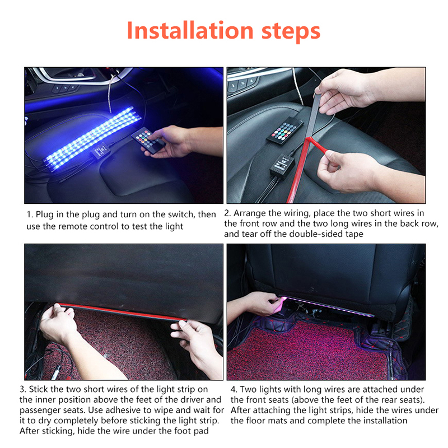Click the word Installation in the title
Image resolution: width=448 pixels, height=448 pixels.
click(x=190, y=30)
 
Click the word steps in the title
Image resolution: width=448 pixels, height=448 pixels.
click(x=291, y=32)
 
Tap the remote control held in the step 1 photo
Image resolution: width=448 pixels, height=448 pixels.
click(x=148, y=140)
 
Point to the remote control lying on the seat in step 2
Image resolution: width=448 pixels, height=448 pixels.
click(x=285, y=130)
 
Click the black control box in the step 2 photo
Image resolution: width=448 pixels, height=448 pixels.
click(x=282, y=165)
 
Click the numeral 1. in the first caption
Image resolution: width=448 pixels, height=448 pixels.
click(x=30, y=214)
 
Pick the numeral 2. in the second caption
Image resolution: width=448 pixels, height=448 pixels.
click(x=227, y=213)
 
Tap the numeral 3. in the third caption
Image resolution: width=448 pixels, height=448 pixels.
click(x=23, y=389)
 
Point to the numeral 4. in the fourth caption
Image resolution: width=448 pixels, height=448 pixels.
click(x=234, y=389)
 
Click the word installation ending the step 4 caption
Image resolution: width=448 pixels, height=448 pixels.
click(x=385, y=421)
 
